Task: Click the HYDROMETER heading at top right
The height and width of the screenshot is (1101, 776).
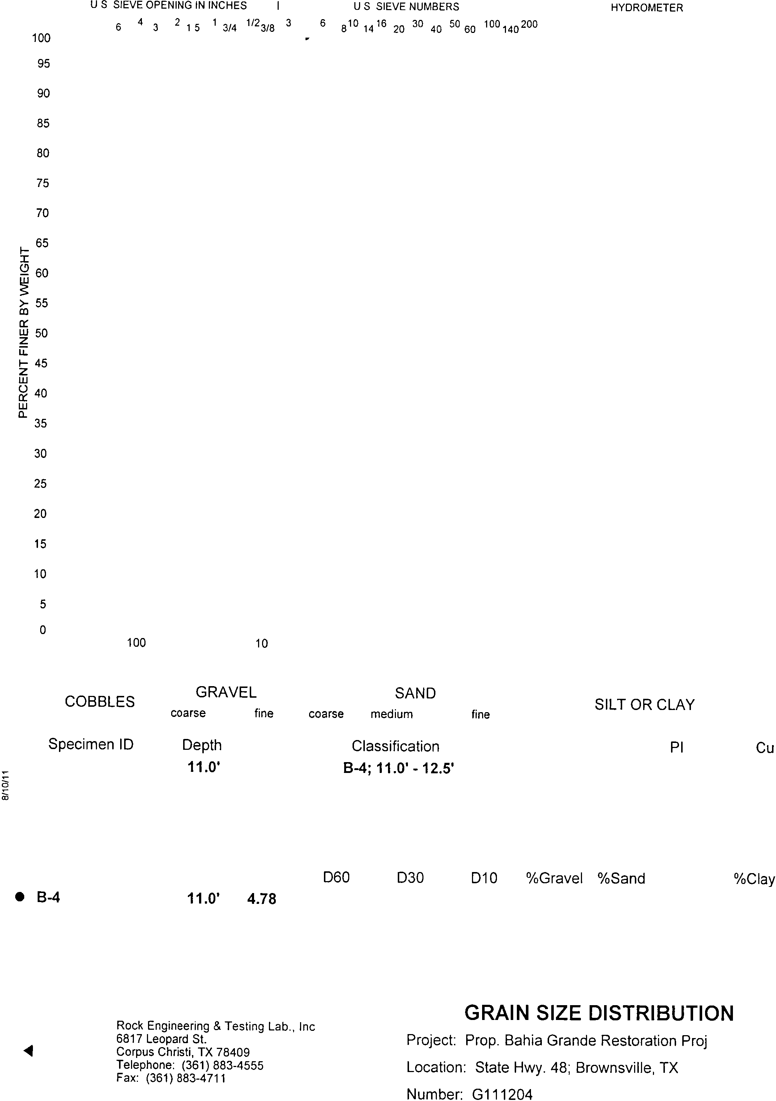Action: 646,8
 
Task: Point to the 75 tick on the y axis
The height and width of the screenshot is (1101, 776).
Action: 43,183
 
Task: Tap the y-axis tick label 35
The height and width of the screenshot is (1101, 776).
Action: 41,424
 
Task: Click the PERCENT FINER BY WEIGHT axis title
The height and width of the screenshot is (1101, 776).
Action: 23,332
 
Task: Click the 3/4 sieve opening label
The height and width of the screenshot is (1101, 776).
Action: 229,28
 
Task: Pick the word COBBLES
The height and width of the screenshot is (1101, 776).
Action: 100,702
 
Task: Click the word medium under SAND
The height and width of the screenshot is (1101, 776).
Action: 392,714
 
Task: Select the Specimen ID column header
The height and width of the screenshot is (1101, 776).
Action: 91,744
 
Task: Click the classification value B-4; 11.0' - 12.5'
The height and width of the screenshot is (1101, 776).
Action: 398,769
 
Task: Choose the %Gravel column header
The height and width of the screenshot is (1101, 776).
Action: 554,879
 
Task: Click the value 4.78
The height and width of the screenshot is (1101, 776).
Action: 262,899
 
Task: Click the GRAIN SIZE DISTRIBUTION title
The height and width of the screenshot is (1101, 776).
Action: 599,1013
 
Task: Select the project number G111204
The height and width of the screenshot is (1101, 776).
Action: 502,1094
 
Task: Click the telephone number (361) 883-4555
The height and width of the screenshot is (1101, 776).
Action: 223,1065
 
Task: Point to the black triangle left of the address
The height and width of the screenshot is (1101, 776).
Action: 28,1051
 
